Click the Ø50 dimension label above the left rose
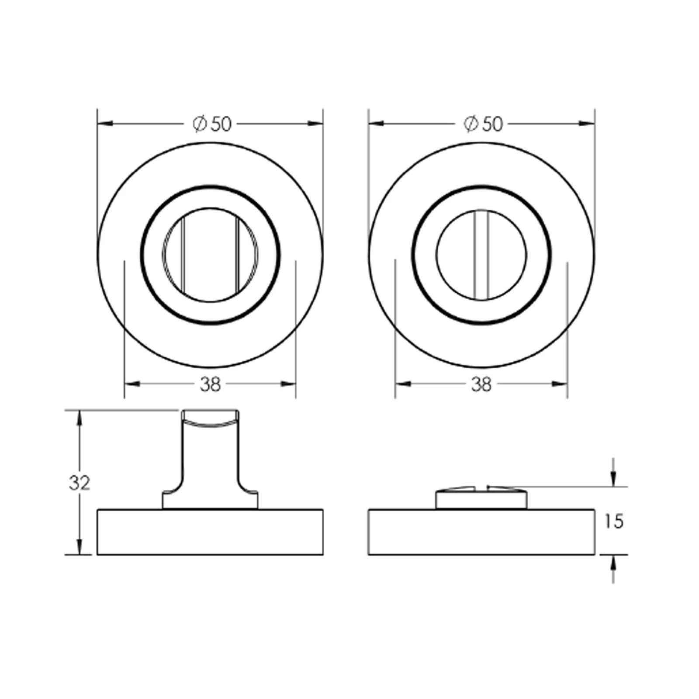pos(212,125)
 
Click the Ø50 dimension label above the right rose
pos(483,124)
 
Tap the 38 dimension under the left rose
pos(211,384)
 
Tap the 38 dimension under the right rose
pos(481,384)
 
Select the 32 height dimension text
pos(79,483)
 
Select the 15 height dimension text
pos(614,521)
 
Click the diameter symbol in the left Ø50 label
pos(199,125)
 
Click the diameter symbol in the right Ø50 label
pos(471,124)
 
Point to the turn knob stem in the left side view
pos(210,459)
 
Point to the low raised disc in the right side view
pos(481,499)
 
